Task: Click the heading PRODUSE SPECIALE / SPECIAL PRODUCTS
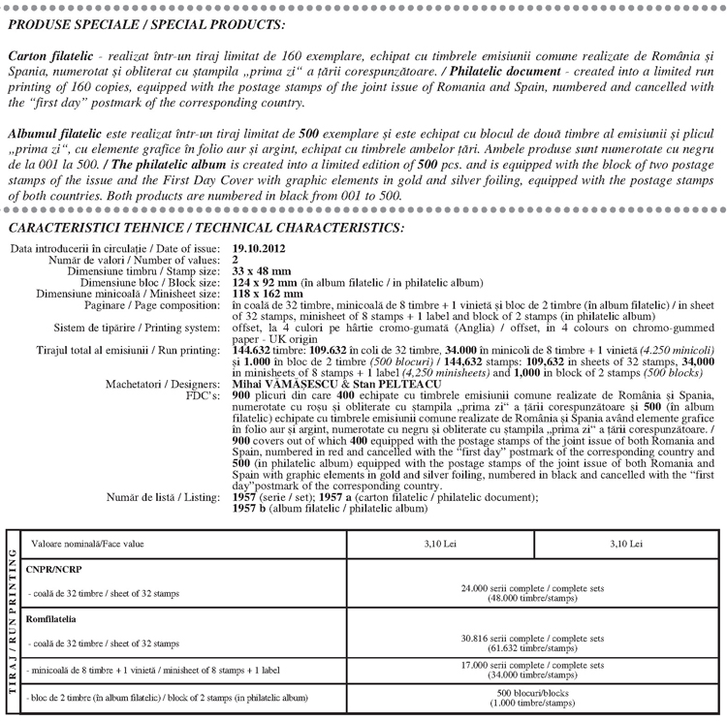146,23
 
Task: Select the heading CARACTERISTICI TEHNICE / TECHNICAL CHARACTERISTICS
205,228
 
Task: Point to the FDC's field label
202,395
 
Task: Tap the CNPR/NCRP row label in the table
55,570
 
